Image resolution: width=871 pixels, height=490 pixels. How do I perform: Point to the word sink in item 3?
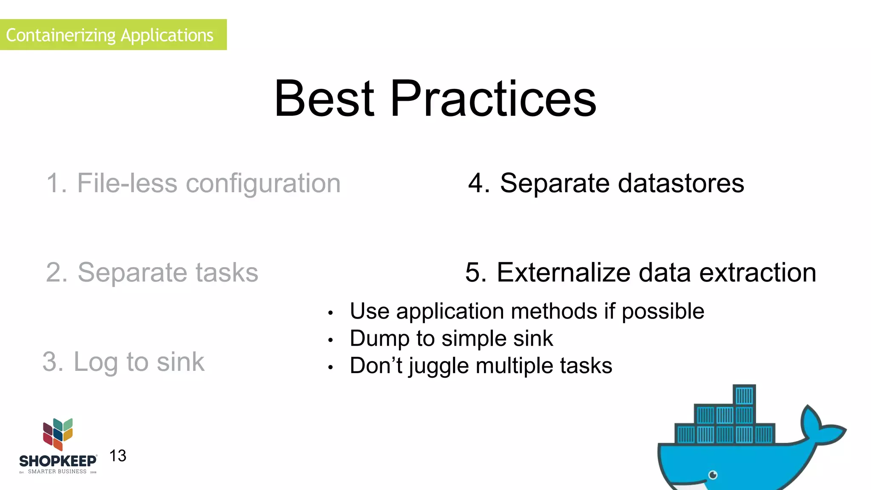click(x=180, y=362)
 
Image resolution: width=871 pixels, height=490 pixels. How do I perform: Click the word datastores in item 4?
click(x=680, y=183)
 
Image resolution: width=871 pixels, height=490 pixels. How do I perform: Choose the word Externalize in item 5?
click(x=563, y=272)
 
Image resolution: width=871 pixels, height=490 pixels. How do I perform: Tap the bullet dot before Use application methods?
click(x=330, y=313)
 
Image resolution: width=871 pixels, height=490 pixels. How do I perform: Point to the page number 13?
click(x=118, y=456)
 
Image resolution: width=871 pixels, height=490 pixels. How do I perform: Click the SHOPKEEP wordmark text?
click(x=58, y=461)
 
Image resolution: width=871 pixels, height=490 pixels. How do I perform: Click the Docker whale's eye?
click(x=713, y=475)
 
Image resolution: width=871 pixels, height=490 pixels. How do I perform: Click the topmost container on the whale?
click(x=744, y=396)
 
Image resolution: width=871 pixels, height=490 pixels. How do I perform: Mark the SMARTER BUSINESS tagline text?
click(x=57, y=472)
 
